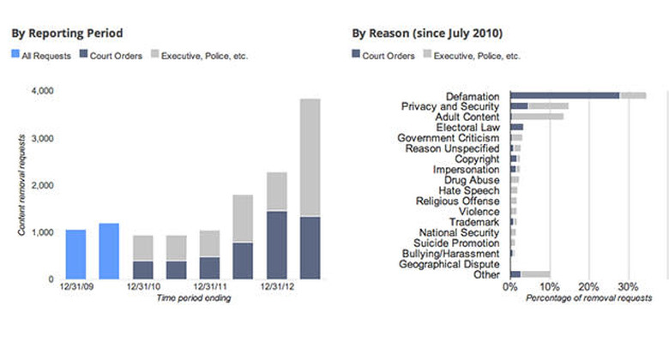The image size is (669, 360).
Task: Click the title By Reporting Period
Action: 67,33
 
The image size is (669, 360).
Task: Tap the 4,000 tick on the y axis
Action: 41,90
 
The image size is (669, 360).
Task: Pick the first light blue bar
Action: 75,255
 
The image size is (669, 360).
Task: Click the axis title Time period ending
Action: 193,299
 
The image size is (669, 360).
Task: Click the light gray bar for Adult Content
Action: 537,117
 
